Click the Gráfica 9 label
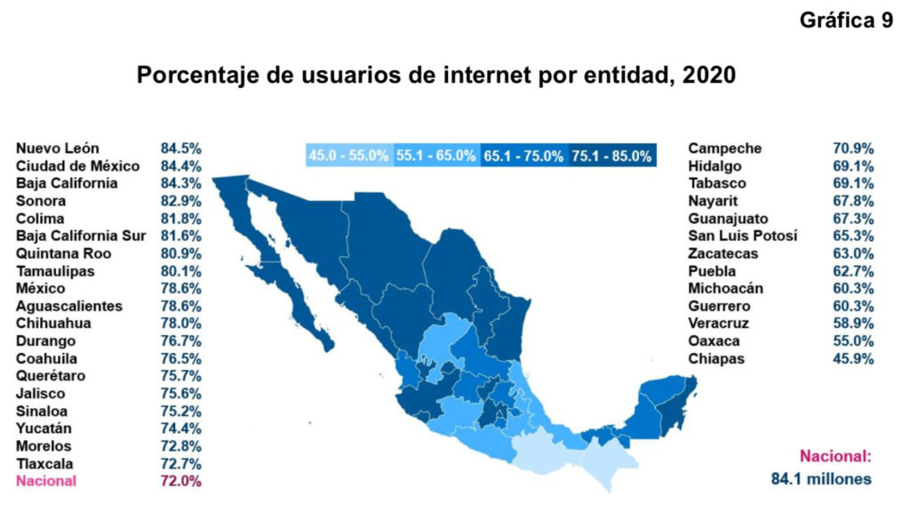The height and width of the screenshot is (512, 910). [846, 21]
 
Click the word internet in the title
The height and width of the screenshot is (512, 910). [484, 76]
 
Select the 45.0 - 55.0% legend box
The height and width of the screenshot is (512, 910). [348, 156]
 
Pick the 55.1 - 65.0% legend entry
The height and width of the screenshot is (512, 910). [435, 156]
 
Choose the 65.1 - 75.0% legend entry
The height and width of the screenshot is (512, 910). [523, 156]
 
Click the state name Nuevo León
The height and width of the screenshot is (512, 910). [58, 148]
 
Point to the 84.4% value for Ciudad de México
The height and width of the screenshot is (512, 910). [180, 165]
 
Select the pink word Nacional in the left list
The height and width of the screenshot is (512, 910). [46, 481]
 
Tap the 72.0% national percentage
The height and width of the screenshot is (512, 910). [180, 481]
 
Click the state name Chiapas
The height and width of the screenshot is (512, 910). [716, 358]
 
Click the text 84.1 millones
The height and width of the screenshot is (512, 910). [820, 479]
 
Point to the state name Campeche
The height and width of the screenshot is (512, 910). [724, 148]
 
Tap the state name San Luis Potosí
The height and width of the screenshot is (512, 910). [742, 236]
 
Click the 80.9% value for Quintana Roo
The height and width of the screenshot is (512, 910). [180, 253]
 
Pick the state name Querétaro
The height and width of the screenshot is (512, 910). [51, 376]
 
